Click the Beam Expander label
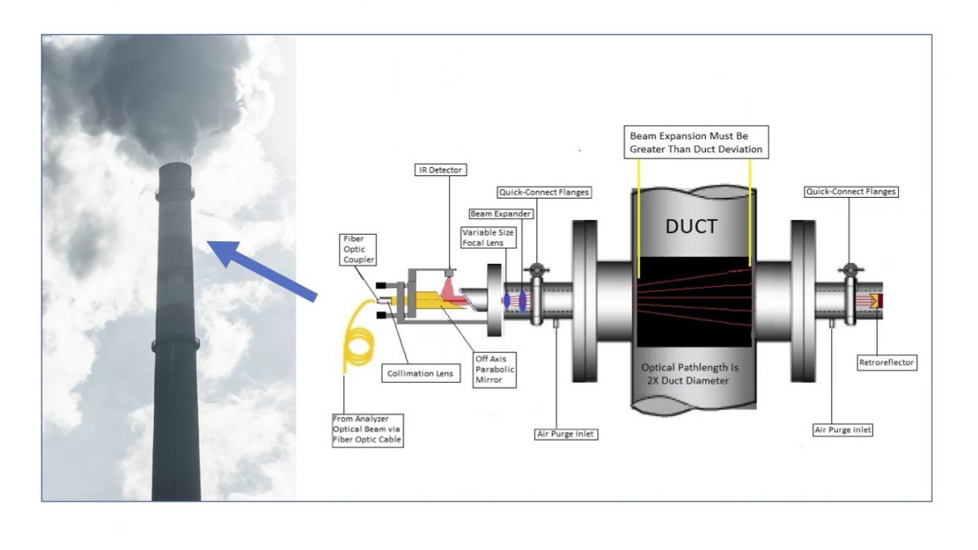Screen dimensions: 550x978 click(501, 213)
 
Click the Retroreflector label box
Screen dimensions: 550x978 click(887, 363)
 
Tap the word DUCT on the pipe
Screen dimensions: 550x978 click(693, 226)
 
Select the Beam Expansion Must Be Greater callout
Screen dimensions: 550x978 click(698, 142)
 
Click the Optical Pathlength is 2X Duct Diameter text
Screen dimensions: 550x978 click(693, 373)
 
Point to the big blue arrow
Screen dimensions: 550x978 click(261, 268)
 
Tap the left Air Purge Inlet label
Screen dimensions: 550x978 click(566, 434)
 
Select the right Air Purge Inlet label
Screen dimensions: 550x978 click(843, 429)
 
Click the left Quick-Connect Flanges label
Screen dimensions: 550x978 click(543, 192)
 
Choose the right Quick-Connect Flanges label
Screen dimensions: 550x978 click(850, 191)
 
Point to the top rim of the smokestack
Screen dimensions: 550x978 click(175, 163)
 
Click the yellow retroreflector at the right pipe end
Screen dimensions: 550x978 click(875, 301)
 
